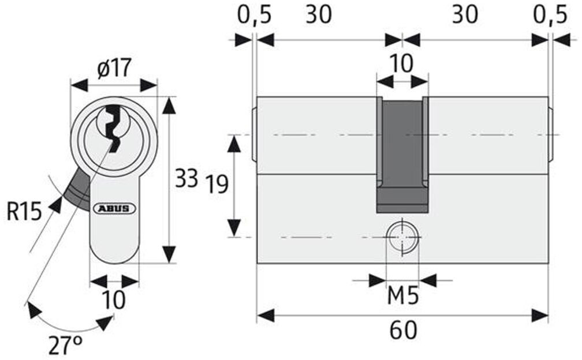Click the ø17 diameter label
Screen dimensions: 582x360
(114, 69)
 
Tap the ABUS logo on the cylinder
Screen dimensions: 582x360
(114, 208)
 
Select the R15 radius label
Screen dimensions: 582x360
(24, 212)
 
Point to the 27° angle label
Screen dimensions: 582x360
(65, 346)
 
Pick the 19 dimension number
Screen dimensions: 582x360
(217, 184)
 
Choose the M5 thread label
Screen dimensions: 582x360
(403, 296)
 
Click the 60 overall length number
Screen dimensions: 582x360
(403, 331)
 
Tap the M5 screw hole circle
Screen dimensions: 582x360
(402, 237)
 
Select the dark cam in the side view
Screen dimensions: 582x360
(402, 155)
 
